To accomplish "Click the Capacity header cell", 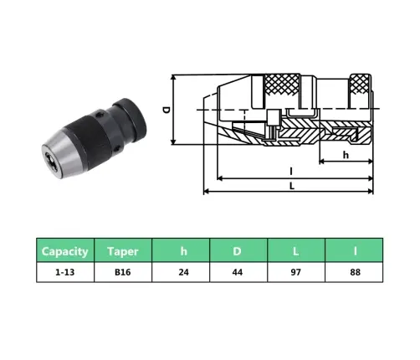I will tap(65, 250).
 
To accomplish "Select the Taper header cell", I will tap(122, 250).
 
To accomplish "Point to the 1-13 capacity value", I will tap(65, 271).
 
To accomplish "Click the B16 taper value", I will tap(122, 271).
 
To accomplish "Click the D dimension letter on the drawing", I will tap(166, 110).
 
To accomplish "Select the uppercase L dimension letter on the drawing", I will tap(290, 185).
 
